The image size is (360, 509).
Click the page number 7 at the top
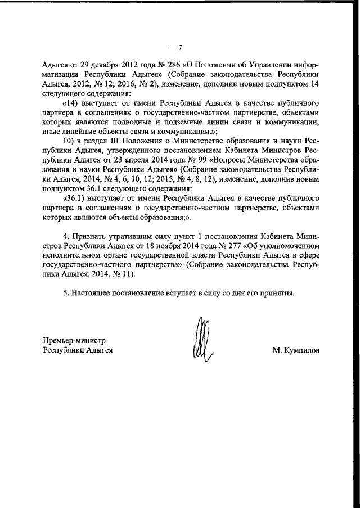point(180,47)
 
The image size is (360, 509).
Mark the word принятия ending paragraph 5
point(274,293)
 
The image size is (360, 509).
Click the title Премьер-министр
point(75,340)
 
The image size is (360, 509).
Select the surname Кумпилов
point(296,350)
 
